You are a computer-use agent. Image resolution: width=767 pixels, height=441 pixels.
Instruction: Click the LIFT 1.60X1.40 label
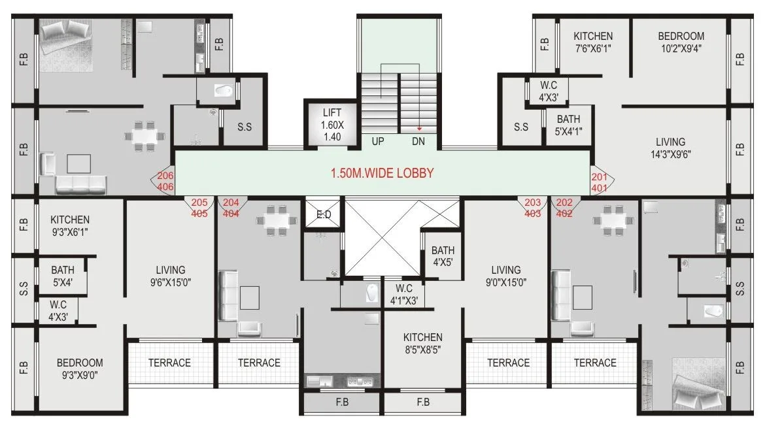tap(332, 124)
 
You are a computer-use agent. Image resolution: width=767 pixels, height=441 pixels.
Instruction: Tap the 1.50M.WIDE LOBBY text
tap(381, 174)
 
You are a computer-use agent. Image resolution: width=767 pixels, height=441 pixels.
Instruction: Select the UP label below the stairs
tap(378, 141)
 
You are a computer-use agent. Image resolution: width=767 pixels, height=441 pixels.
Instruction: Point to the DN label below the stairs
tap(418, 141)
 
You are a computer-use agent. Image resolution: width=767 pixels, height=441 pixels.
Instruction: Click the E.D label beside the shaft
tap(323, 214)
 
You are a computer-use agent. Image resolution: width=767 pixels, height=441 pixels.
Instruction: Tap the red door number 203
tap(533, 203)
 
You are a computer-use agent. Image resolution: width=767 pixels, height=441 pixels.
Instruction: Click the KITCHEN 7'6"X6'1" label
tap(593, 42)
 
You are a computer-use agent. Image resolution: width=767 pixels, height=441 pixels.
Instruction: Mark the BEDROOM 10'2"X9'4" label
tap(681, 42)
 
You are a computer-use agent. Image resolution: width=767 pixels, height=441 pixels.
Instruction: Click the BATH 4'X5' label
tap(443, 256)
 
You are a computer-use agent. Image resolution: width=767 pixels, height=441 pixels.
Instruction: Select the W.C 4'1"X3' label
tap(403, 295)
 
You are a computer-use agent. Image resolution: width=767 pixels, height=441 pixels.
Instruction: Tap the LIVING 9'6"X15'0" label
tap(170, 276)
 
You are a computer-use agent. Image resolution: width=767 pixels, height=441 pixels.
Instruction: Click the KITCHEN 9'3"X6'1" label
tap(70, 226)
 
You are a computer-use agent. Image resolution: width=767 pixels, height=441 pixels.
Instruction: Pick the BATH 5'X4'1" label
tap(568, 125)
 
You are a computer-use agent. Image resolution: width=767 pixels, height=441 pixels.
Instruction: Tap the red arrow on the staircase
tap(419, 129)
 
